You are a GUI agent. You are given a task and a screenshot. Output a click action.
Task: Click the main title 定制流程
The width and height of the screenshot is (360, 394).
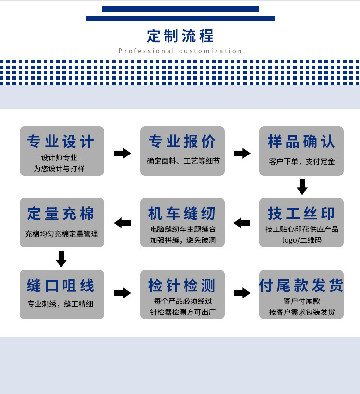pyautogui.click(x=180, y=36)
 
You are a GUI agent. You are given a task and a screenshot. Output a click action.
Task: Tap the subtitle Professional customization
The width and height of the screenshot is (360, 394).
pyautogui.click(x=180, y=51)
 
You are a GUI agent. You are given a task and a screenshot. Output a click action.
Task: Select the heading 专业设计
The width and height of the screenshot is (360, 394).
pyautogui.click(x=61, y=142)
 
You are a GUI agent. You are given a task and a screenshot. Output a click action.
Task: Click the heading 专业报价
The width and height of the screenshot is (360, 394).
pyautogui.click(x=182, y=142)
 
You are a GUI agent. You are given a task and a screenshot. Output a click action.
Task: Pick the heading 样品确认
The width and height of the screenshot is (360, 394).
pyautogui.click(x=301, y=142)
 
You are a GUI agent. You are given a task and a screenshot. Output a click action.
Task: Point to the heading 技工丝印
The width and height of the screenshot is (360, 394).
pyautogui.click(x=301, y=213)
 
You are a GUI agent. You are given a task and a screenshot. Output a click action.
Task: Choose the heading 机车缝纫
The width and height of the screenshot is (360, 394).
pyautogui.click(x=182, y=213)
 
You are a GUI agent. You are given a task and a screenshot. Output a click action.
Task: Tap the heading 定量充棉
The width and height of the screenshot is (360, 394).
pyautogui.click(x=61, y=213)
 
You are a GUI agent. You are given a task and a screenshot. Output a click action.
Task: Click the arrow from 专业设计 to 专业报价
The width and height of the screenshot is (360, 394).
pyautogui.click(x=122, y=154)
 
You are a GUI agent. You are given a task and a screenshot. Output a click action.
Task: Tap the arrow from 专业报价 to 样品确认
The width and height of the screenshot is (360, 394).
pyautogui.click(x=242, y=154)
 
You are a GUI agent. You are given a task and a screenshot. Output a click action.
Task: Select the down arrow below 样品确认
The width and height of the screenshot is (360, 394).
pyautogui.click(x=302, y=187)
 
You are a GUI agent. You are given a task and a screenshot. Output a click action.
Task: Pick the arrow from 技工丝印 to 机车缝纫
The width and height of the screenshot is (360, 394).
pyautogui.click(x=242, y=223)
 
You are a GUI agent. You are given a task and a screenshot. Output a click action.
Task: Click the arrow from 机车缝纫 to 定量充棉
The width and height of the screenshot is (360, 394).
pyautogui.click(x=122, y=223)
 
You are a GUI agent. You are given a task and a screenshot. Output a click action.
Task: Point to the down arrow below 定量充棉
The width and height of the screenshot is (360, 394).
pyautogui.click(x=61, y=259)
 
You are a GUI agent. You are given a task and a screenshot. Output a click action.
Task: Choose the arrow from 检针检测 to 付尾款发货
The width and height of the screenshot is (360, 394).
pyautogui.click(x=242, y=293)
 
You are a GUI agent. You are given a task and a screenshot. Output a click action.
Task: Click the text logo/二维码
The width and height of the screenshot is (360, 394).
pyautogui.click(x=301, y=239)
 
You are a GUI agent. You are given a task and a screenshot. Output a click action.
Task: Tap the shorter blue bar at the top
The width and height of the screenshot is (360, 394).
pyautogui.click(x=180, y=9)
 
